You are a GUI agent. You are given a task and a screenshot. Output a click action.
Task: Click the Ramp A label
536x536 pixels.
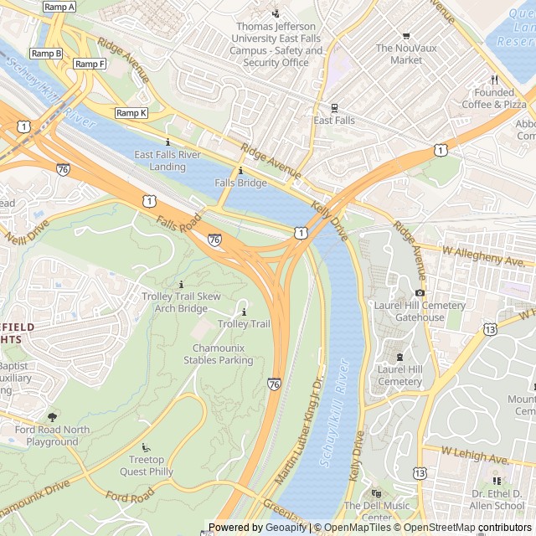point(59,7)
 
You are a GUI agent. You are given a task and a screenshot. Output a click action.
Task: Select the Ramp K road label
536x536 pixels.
point(131,113)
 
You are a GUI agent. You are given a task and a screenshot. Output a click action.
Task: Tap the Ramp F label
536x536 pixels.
point(90,64)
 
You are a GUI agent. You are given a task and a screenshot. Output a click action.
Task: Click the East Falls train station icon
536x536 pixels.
point(334,107)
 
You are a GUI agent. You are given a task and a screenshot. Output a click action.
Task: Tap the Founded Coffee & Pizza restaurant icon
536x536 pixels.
point(494,79)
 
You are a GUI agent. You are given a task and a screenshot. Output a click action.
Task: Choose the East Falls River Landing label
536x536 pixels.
point(167,161)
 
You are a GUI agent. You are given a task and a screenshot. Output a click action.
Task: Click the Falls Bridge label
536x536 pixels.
point(240,183)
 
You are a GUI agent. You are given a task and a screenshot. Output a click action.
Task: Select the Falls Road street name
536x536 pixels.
point(179,224)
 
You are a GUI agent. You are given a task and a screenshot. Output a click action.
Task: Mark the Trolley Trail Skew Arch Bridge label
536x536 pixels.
point(181,302)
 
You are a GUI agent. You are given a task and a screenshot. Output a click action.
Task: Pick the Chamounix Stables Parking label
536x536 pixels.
point(222,354)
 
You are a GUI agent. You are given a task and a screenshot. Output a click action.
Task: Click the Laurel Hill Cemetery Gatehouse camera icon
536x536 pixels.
point(420,292)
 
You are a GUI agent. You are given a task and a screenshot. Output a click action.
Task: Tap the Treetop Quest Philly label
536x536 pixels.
point(152,465)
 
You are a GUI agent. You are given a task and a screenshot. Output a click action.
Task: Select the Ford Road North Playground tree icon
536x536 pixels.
point(53,416)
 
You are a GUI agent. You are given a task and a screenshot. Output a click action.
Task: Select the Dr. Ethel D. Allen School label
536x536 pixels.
point(497,500)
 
